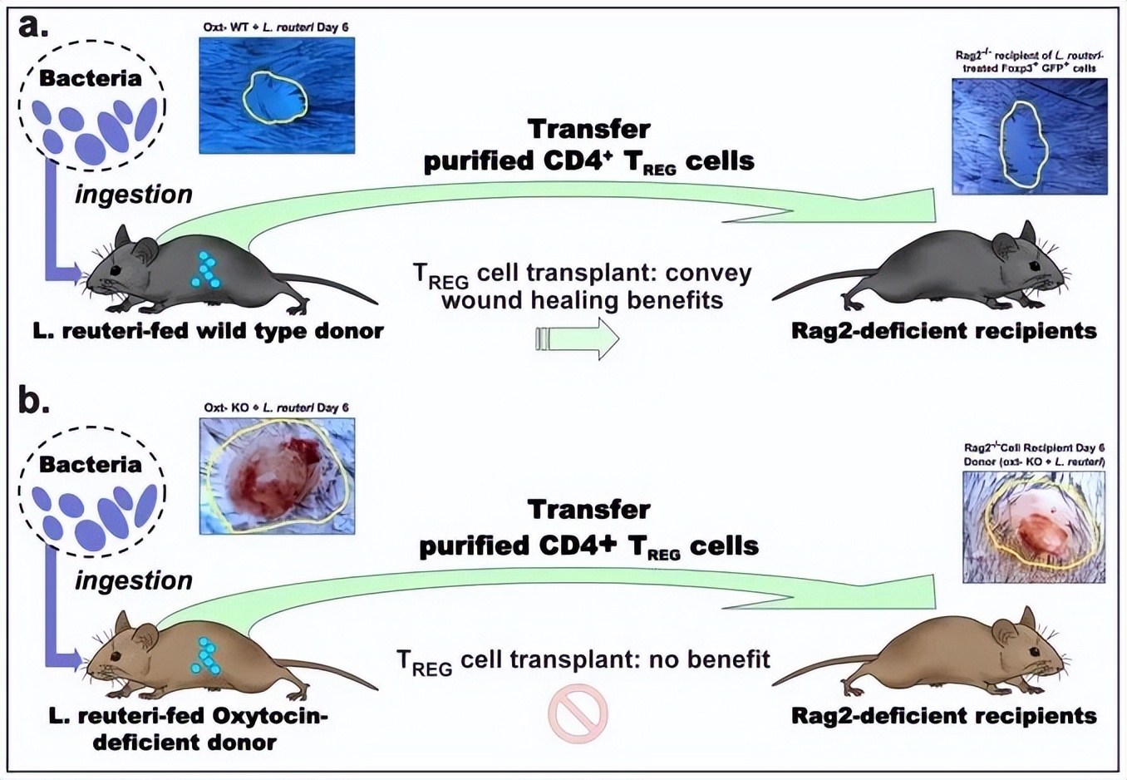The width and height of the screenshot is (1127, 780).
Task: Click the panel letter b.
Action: click(33, 400)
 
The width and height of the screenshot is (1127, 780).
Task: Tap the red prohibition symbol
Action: click(578, 713)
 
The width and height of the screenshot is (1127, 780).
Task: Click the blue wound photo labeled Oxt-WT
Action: click(277, 96)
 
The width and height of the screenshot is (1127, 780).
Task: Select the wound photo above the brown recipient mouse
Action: click(1034, 527)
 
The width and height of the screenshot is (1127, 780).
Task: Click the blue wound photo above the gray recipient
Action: click(1029, 136)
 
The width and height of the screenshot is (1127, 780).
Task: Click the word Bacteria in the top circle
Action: click(91, 78)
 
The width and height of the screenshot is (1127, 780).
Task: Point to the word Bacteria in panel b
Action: click(91, 464)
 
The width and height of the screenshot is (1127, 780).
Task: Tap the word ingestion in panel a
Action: click(134, 194)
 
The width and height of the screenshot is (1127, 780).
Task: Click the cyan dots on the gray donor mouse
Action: click(206, 270)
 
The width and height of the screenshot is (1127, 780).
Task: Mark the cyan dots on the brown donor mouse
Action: click(206, 656)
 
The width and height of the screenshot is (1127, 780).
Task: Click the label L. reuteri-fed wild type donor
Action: click(208, 331)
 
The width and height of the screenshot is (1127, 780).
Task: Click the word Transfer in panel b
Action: click(588, 509)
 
